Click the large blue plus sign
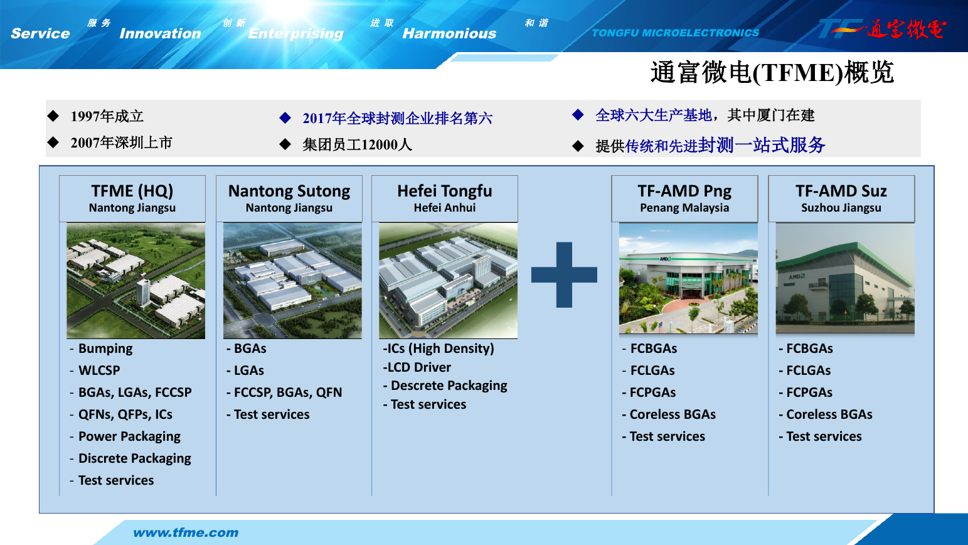pos(564,274)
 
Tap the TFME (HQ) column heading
pos(132,191)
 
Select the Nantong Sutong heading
pos(289,191)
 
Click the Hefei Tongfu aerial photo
pos(448,281)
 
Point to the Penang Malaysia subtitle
pos(684,208)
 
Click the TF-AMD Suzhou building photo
pos(845,278)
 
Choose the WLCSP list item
pos(99,370)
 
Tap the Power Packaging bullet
pos(129,436)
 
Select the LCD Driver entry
pos(417,367)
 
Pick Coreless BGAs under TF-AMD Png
pos(673,414)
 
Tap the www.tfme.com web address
pos(186,532)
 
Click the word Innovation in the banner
pos(161,33)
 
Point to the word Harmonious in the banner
pos(449,33)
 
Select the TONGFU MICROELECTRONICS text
pos(676,33)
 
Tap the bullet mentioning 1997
pos(107,116)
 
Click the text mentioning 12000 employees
pos(358,144)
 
